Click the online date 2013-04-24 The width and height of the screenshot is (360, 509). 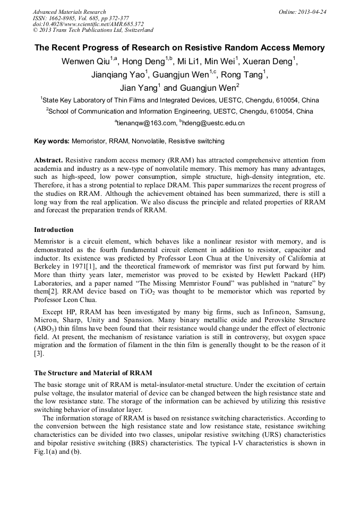(x=311, y=12)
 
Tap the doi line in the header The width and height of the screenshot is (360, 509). (x=88, y=24)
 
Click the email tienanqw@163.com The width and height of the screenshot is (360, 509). (x=147, y=123)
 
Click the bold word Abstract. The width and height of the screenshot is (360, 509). (x=49, y=160)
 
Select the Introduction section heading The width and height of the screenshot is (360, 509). (x=54, y=230)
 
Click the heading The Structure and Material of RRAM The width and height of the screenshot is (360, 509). (x=93, y=373)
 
